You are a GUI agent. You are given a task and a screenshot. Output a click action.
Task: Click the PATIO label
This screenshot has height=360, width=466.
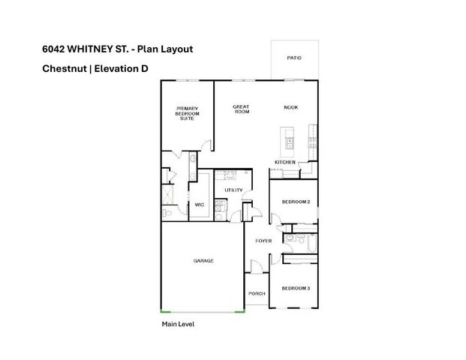coord(294,58)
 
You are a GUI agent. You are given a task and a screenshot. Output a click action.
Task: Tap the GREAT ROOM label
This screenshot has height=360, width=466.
coord(241,110)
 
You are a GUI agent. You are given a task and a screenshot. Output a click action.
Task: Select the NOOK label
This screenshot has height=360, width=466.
coord(290,107)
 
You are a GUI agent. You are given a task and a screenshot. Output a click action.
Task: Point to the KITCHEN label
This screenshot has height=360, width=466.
coord(284,163)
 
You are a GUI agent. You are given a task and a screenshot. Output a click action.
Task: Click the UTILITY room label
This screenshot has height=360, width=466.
coord(233,190)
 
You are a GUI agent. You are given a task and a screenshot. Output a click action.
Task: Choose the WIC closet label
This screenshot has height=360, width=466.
coord(200,204)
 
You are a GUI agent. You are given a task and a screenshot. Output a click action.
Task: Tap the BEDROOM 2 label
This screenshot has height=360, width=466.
coord(296,202)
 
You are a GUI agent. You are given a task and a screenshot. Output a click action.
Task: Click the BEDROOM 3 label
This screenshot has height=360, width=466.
coord(296,289)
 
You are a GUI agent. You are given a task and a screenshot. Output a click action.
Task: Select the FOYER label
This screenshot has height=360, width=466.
coord(263,241)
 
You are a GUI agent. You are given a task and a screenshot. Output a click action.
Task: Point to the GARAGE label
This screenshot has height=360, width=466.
coord(203,261)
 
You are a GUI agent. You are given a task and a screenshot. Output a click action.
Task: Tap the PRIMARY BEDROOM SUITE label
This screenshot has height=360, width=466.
coord(187,114)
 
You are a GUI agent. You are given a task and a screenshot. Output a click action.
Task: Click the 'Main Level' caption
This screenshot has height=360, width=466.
coord(179,325)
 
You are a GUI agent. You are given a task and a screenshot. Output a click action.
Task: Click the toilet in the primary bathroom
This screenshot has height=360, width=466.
coord(168,213)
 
